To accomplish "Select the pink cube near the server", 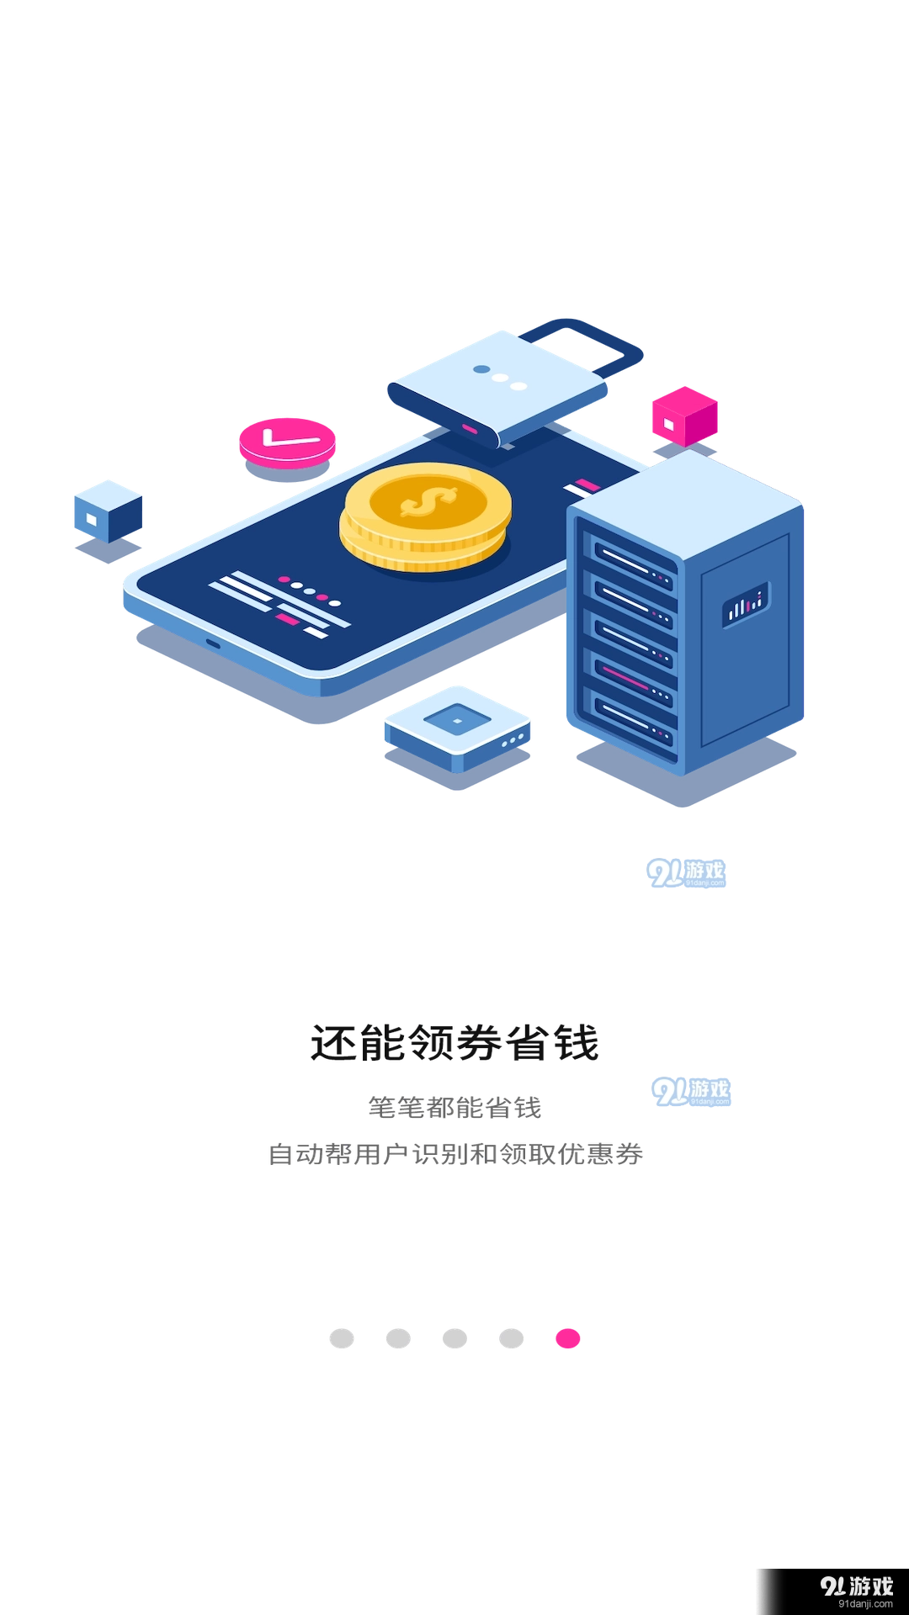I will click(683, 416).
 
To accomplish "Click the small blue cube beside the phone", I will click(107, 511).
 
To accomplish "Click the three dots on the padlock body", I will click(500, 378).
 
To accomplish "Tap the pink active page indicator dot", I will click(568, 1337).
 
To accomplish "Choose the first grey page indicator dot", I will click(340, 1337).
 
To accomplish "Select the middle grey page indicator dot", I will click(454, 1337).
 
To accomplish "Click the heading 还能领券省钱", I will click(454, 1043).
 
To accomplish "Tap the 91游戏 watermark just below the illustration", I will click(687, 873).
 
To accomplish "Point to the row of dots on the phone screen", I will click(310, 591).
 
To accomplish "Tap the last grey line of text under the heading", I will click(454, 1153).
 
